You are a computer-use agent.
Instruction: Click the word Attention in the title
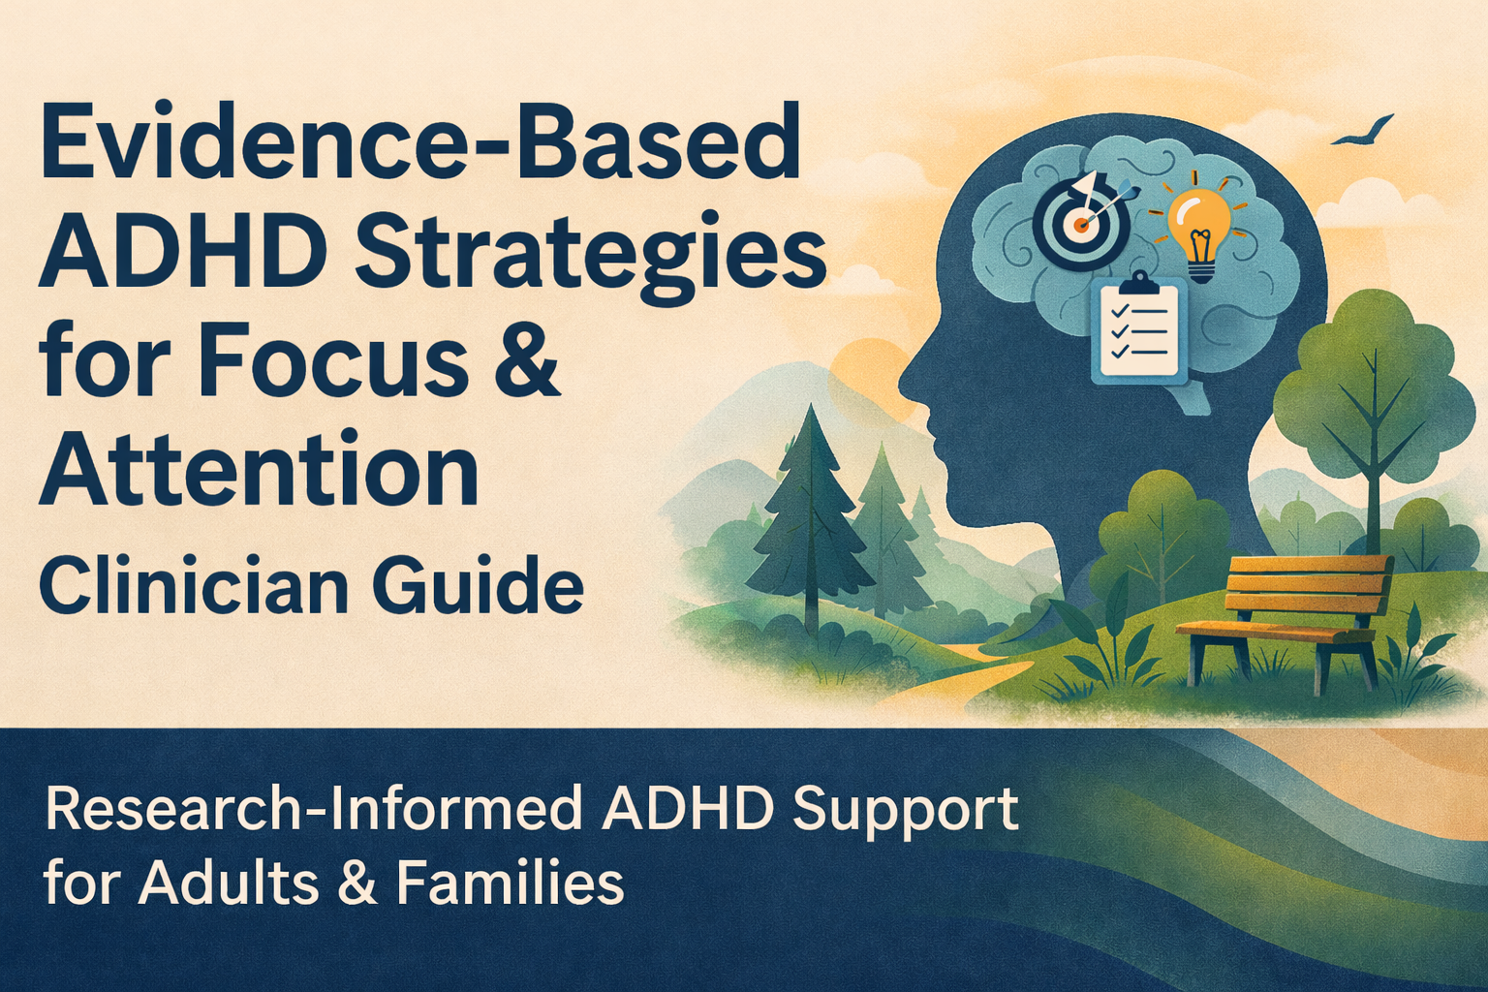click(x=259, y=472)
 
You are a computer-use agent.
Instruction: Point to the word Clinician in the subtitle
click(x=185, y=588)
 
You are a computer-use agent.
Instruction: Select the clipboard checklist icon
click(x=1138, y=329)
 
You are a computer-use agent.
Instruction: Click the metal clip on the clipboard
click(x=1138, y=284)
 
